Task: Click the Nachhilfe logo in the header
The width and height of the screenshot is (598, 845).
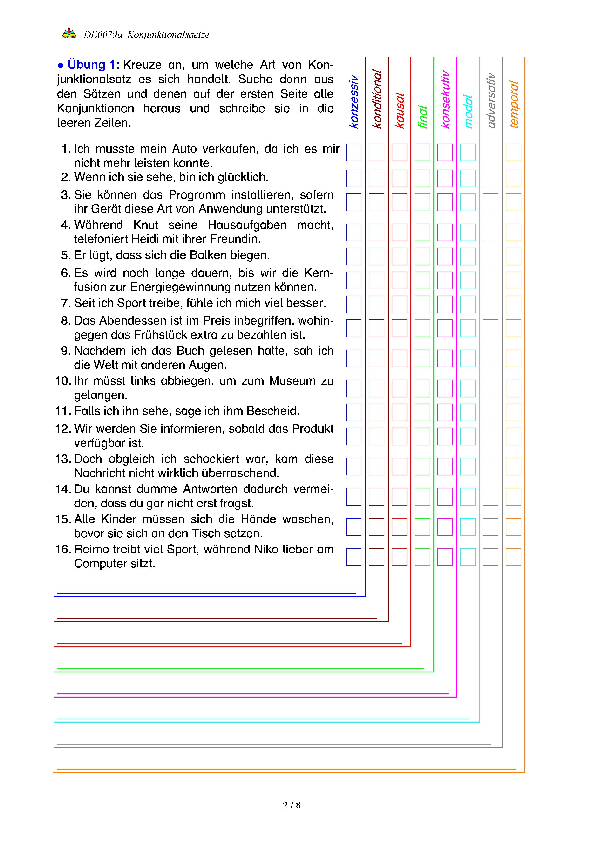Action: point(69,33)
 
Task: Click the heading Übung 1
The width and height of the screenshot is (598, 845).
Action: point(93,65)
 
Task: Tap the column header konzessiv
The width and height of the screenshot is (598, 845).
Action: point(354,101)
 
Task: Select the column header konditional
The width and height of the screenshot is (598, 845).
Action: point(377,99)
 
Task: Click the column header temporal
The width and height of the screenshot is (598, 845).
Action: point(513,104)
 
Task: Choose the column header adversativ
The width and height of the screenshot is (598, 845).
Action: point(491,100)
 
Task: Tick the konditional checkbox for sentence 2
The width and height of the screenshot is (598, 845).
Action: point(376,179)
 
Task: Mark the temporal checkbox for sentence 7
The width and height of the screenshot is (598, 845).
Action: point(513,304)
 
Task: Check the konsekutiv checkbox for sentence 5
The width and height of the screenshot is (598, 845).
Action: point(445,257)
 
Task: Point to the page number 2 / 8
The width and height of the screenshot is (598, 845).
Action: point(292,805)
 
